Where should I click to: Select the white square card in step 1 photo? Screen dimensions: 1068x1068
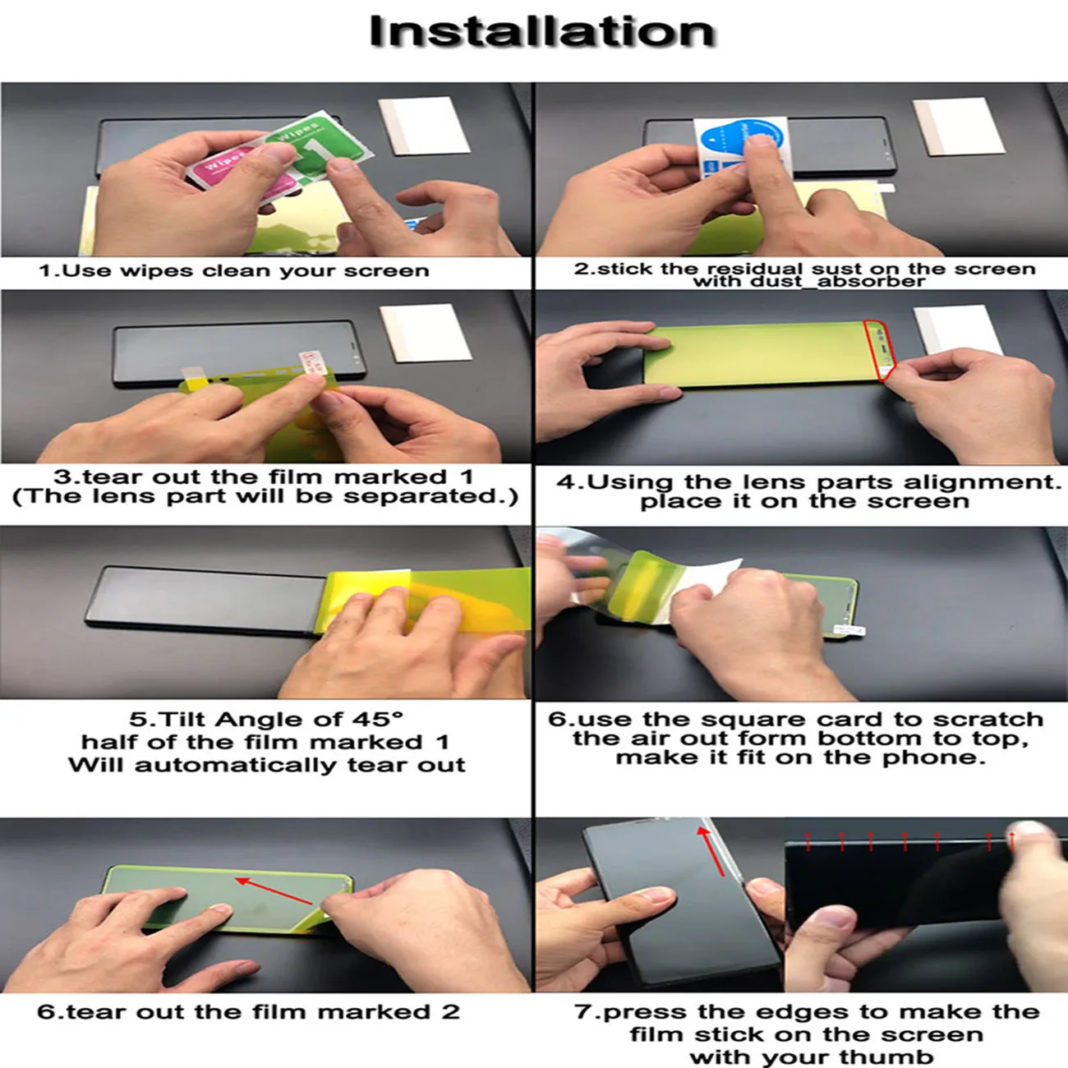click(424, 125)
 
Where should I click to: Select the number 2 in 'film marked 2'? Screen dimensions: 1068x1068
click(450, 1012)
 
